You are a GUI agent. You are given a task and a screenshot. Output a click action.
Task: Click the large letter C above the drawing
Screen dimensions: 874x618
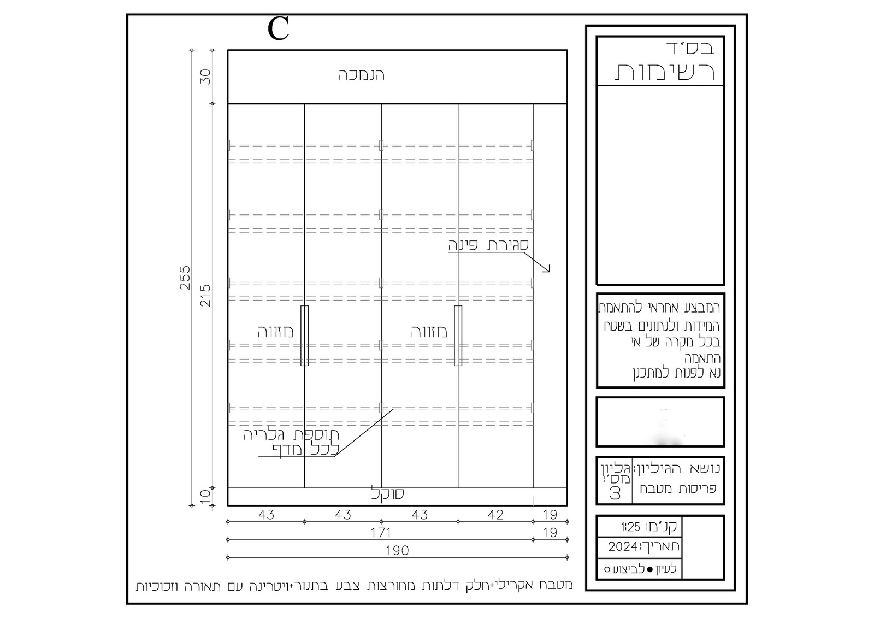pyautogui.click(x=278, y=28)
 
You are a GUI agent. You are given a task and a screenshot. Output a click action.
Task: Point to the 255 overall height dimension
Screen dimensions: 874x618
pyautogui.click(x=185, y=278)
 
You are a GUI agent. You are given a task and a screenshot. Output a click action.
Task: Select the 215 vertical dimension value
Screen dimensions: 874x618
pyautogui.click(x=205, y=296)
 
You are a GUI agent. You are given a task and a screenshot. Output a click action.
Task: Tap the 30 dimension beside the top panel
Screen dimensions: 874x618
pyautogui.click(x=205, y=76)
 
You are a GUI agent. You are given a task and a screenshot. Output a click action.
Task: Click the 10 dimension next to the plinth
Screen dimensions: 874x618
pyautogui.click(x=205, y=497)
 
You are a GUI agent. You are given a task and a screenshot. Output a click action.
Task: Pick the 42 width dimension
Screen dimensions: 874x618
pyautogui.click(x=495, y=515)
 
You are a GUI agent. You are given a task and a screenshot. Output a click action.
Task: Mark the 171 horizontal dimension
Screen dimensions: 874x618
pyautogui.click(x=381, y=533)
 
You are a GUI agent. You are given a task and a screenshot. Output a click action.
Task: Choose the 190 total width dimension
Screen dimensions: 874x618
pyautogui.click(x=397, y=551)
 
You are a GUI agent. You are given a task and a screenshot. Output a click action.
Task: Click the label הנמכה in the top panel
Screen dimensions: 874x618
pyautogui.click(x=361, y=75)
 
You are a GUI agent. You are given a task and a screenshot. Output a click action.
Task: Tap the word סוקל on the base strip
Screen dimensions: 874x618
pyautogui.click(x=387, y=494)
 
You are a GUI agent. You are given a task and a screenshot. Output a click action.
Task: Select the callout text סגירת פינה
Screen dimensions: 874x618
pyautogui.click(x=488, y=245)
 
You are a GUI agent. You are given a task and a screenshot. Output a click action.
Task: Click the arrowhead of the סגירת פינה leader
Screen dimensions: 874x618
pyautogui.click(x=549, y=271)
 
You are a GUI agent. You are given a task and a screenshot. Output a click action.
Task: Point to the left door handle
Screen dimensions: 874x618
pyautogui.click(x=304, y=336)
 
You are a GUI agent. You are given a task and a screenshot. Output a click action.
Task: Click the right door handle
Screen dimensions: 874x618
pyautogui.click(x=458, y=336)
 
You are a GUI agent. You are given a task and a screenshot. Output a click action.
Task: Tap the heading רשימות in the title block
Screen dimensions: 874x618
pyautogui.click(x=664, y=72)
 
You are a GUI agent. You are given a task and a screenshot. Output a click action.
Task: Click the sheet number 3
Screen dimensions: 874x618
pyautogui.click(x=615, y=494)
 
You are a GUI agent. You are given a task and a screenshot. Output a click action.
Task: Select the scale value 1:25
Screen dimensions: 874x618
pyautogui.click(x=631, y=527)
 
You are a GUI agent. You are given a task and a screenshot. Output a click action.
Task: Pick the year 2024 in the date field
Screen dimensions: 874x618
pyautogui.click(x=623, y=546)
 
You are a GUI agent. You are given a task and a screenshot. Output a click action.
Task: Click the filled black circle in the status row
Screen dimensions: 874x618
pyautogui.click(x=649, y=569)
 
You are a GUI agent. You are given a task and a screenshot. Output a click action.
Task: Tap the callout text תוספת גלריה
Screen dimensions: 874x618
pyautogui.click(x=292, y=434)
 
